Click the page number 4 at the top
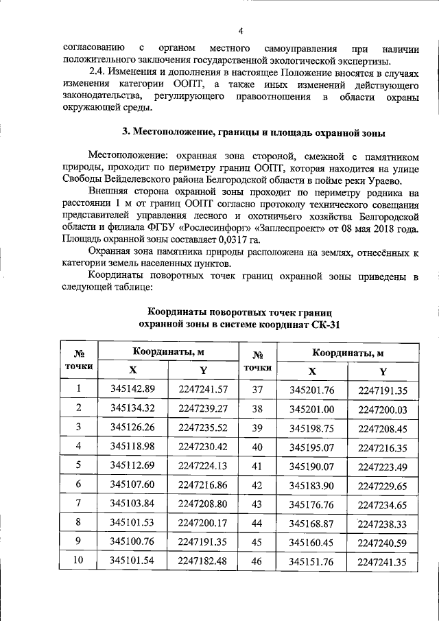click(241, 30)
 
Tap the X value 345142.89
click(133, 389)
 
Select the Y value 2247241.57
click(202, 389)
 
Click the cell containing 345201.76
click(311, 390)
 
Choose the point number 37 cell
click(258, 390)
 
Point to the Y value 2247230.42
click(202, 446)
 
